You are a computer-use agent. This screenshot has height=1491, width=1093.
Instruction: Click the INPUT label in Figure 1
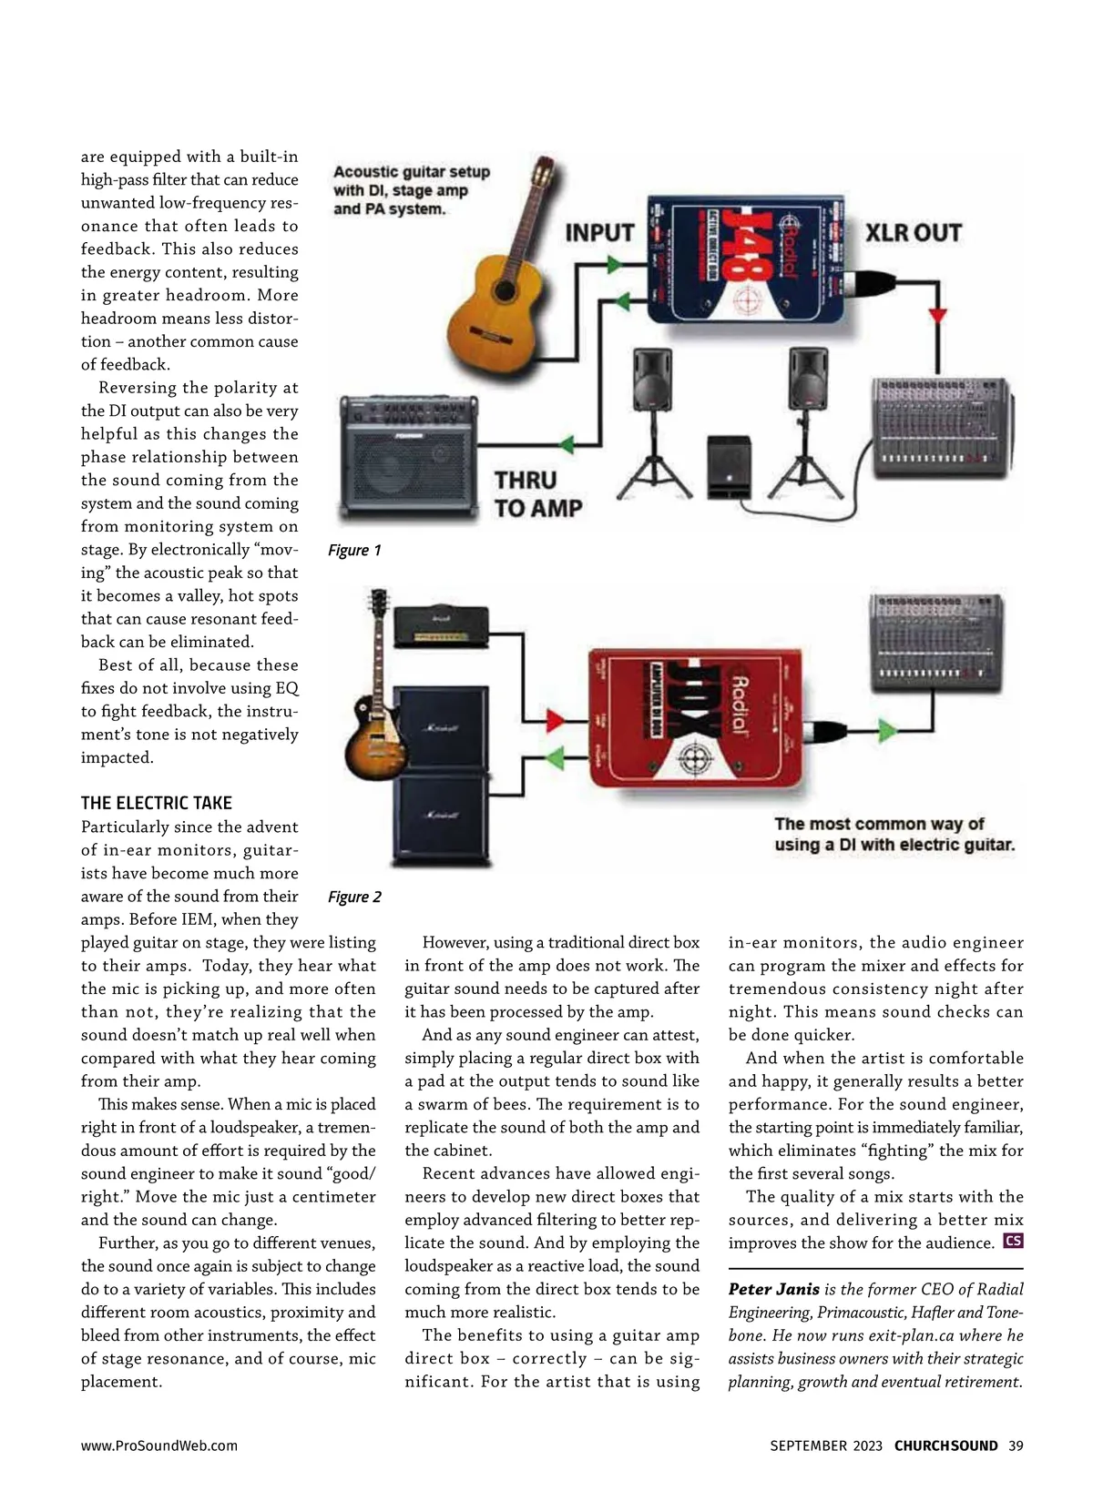click(599, 233)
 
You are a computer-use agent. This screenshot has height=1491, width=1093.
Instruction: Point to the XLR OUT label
click(914, 233)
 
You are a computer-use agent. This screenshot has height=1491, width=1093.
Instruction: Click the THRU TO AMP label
click(537, 493)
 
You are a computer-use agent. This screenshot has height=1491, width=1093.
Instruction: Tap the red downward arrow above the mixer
click(938, 317)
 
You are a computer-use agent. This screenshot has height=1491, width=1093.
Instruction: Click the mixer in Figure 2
click(937, 643)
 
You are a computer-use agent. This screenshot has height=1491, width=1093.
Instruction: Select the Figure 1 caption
click(354, 550)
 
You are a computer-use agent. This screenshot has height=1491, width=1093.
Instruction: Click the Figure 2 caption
click(354, 897)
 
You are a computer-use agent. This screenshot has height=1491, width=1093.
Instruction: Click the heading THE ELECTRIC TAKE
click(157, 803)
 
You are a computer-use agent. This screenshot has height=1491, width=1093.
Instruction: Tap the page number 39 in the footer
click(1016, 1445)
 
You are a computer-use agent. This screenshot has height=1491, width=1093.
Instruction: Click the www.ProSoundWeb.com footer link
click(159, 1445)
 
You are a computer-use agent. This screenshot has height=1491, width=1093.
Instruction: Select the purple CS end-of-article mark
click(1012, 1241)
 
